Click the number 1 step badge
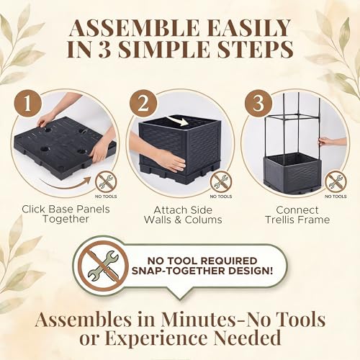point(28,103)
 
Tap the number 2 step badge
point(143,104)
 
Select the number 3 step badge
point(258,104)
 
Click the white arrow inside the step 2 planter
point(178,121)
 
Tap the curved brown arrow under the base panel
point(66,183)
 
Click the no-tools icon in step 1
point(106,182)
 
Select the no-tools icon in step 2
point(221,181)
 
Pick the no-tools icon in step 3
point(336,181)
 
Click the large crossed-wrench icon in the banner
point(104,265)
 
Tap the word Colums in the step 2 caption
point(204,220)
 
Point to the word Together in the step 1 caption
point(66,220)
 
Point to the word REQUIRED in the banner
point(229,261)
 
